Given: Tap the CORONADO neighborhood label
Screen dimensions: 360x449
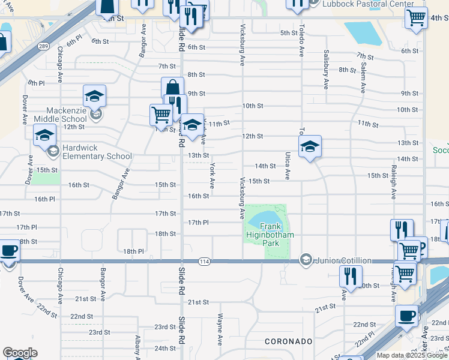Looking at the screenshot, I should click(x=288, y=341).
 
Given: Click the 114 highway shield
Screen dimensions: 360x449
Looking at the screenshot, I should click(x=204, y=260).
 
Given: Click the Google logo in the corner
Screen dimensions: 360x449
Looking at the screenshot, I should click(x=20, y=352).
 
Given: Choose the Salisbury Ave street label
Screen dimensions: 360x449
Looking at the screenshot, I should click(x=326, y=70).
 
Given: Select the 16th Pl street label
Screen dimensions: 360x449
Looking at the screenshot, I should click(x=44, y=199).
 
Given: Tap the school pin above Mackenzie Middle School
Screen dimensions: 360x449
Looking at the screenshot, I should click(x=94, y=95).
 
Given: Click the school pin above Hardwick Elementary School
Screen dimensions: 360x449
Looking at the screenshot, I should click(x=44, y=136).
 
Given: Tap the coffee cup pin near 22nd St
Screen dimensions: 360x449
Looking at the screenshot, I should click(x=406, y=316).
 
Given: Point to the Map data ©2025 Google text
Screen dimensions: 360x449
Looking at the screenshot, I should click(x=412, y=355).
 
